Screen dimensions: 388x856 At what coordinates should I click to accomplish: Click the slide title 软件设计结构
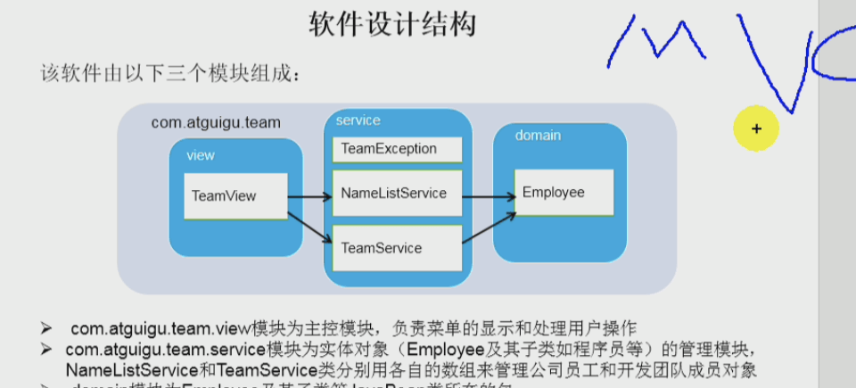[392, 24]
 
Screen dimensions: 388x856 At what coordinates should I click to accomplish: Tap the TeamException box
[397, 149]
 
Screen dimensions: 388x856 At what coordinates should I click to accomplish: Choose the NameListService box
[397, 194]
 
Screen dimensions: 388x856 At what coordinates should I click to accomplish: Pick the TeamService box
[397, 247]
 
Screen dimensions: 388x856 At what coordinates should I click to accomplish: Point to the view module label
[200, 155]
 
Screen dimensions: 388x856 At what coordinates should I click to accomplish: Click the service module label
[358, 120]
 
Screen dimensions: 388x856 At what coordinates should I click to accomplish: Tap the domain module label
[538, 136]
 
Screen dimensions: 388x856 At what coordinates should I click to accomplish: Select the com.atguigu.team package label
[216, 122]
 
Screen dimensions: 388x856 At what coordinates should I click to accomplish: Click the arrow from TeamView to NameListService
[309, 197]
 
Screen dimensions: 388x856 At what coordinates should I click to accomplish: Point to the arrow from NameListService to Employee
[488, 196]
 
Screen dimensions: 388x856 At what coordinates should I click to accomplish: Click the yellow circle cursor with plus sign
[756, 128]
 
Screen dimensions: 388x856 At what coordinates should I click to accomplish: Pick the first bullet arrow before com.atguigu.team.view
[46, 327]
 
